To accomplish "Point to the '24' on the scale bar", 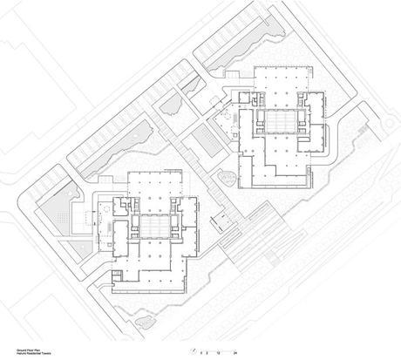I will [234, 351].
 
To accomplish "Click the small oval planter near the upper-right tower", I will [225, 179].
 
